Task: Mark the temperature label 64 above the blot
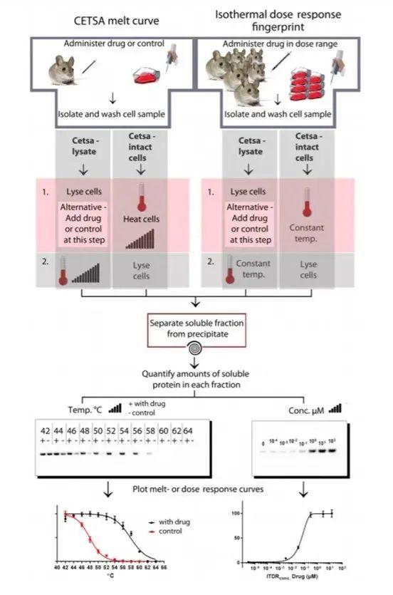pyautogui.click(x=188, y=431)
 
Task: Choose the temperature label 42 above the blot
pyautogui.click(x=45, y=431)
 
